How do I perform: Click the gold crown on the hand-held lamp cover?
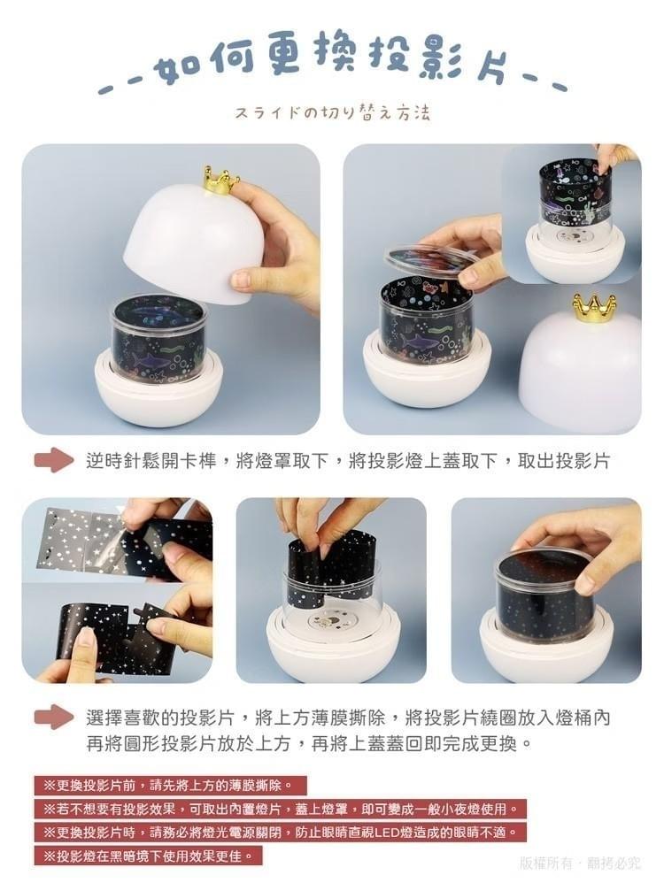tap(220, 180)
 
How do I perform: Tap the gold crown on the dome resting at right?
tap(593, 308)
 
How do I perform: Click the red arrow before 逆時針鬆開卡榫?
tap(54, 460)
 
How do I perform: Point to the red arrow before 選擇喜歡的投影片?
tap(54, 717)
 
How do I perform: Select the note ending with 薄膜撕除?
tap(169, 785)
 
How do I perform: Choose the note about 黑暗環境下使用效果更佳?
tap(148, 856)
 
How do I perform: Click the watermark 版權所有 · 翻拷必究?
tap(580, 863)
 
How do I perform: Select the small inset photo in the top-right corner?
tap(571, 212)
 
